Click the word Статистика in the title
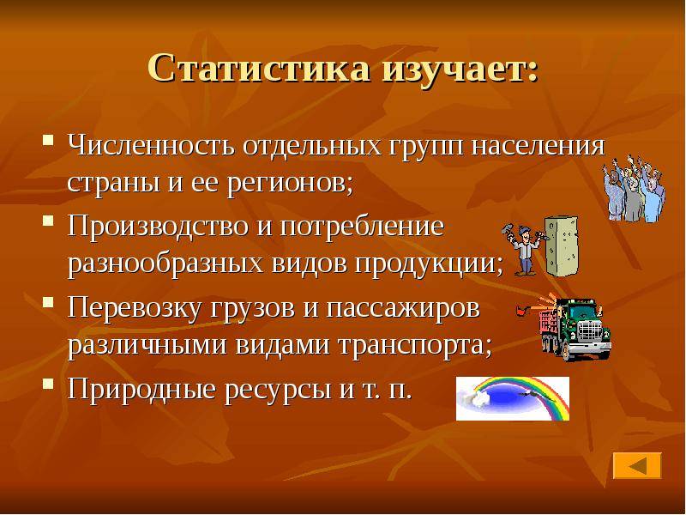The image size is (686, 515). tap(259, 69)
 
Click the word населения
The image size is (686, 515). tap(539, 145)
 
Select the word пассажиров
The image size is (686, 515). tap(402, 309)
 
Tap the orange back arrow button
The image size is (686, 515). tap(637, 465)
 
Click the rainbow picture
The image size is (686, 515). tap(513, 398)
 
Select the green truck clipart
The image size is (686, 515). tap(569, 327)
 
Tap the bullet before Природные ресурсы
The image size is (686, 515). tap(49, 385)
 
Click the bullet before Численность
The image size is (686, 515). tap(49, 140)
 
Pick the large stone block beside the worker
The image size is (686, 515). tap(562, 245)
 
